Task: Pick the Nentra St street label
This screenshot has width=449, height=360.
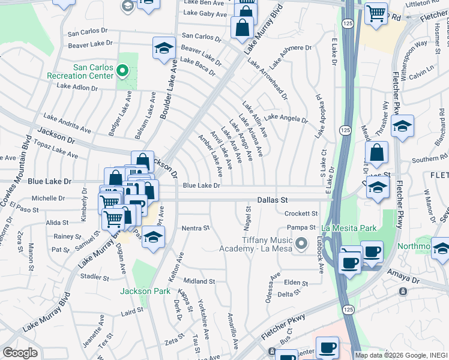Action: tap(196, 228)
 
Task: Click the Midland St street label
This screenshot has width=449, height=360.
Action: tap(199, 281)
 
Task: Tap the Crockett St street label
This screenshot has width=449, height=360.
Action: tap(301, 213)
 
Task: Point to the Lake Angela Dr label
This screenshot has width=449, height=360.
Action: tap(286, 119)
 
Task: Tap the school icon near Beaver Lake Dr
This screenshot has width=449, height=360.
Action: tap(163, 49)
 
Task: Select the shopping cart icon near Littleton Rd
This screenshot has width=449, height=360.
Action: tap(376, 13)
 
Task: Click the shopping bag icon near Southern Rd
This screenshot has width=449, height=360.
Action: tap(376, 153)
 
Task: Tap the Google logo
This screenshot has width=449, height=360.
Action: tap(20, 353)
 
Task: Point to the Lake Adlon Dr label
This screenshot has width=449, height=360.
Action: tap(77, 87)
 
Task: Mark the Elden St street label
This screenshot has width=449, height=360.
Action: tap(295, 283)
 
